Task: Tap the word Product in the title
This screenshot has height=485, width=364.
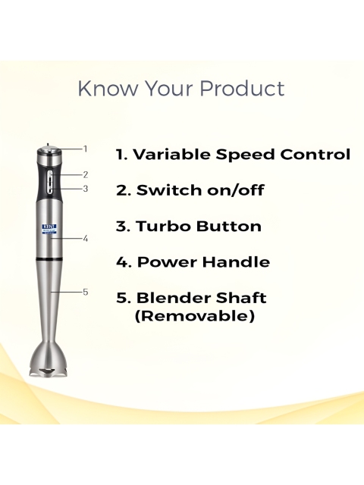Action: point(242,89)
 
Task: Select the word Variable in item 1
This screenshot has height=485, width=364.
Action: point(172,154)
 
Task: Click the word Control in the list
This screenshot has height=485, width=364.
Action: point(315,154)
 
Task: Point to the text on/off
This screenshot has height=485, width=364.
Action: point(235,190)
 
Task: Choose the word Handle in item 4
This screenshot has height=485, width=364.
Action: point(236,262)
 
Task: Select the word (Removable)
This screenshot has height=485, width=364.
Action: point(195,316)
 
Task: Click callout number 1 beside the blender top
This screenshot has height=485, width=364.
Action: point(85,149)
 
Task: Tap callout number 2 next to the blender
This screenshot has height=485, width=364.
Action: point(86,175)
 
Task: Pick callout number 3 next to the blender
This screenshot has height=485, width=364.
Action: point(86,189)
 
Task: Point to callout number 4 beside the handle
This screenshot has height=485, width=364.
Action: point(86,239)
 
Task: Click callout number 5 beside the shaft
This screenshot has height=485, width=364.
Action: point(86,292)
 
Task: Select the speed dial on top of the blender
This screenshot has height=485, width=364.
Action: point(48,150)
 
